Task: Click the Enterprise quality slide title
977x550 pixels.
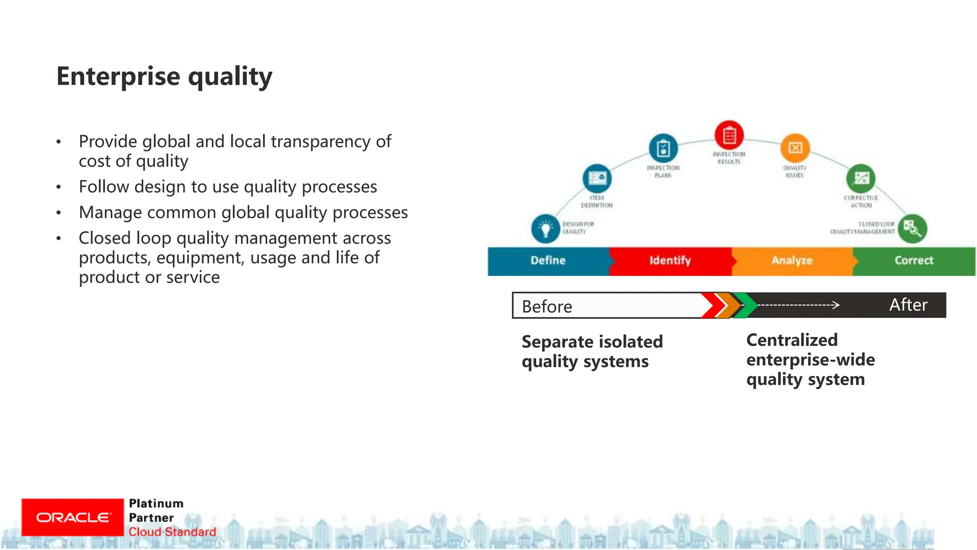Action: pos(164,76)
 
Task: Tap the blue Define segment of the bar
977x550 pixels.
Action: pos(548,261)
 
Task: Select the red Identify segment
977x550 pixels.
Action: pos(670,261)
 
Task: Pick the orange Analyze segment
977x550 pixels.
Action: pos(792,261)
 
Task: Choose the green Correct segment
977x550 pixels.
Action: pos(914,261)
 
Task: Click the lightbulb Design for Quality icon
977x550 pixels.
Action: pos(545,229)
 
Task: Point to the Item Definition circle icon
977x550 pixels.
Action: pos(597,179)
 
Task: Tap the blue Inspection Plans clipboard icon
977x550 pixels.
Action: pos(663,148)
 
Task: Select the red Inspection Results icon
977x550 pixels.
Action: pos(729,135)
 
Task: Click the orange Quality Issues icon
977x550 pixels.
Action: pos(795,148)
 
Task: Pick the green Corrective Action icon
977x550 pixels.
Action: pos(861,179)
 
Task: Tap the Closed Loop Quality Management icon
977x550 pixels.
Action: pos(912,229)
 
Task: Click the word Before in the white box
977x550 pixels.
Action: pos(547,307)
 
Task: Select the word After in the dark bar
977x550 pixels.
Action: pos(908,305)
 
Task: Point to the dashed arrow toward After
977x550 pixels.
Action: pos(799,305)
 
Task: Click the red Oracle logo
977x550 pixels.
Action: pos(73,518)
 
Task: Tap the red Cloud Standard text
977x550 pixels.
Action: pos(172,532)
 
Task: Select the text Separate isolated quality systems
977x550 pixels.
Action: pos(592,351)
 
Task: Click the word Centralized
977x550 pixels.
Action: pos(792,340)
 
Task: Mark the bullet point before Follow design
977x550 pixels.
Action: pos(59,187)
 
